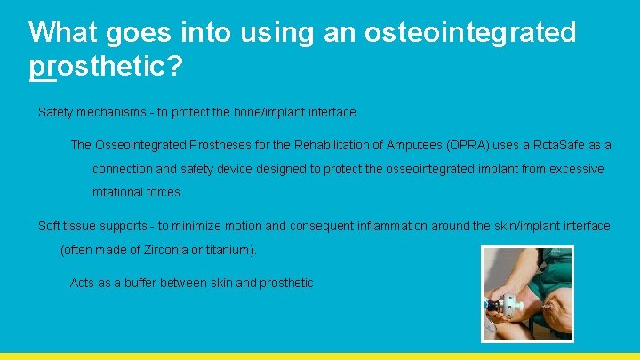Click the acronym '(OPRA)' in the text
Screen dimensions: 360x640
pos(467,145)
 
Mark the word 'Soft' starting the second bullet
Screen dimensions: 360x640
pos(50,226)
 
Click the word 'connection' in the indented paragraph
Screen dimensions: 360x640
pos(122,169)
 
